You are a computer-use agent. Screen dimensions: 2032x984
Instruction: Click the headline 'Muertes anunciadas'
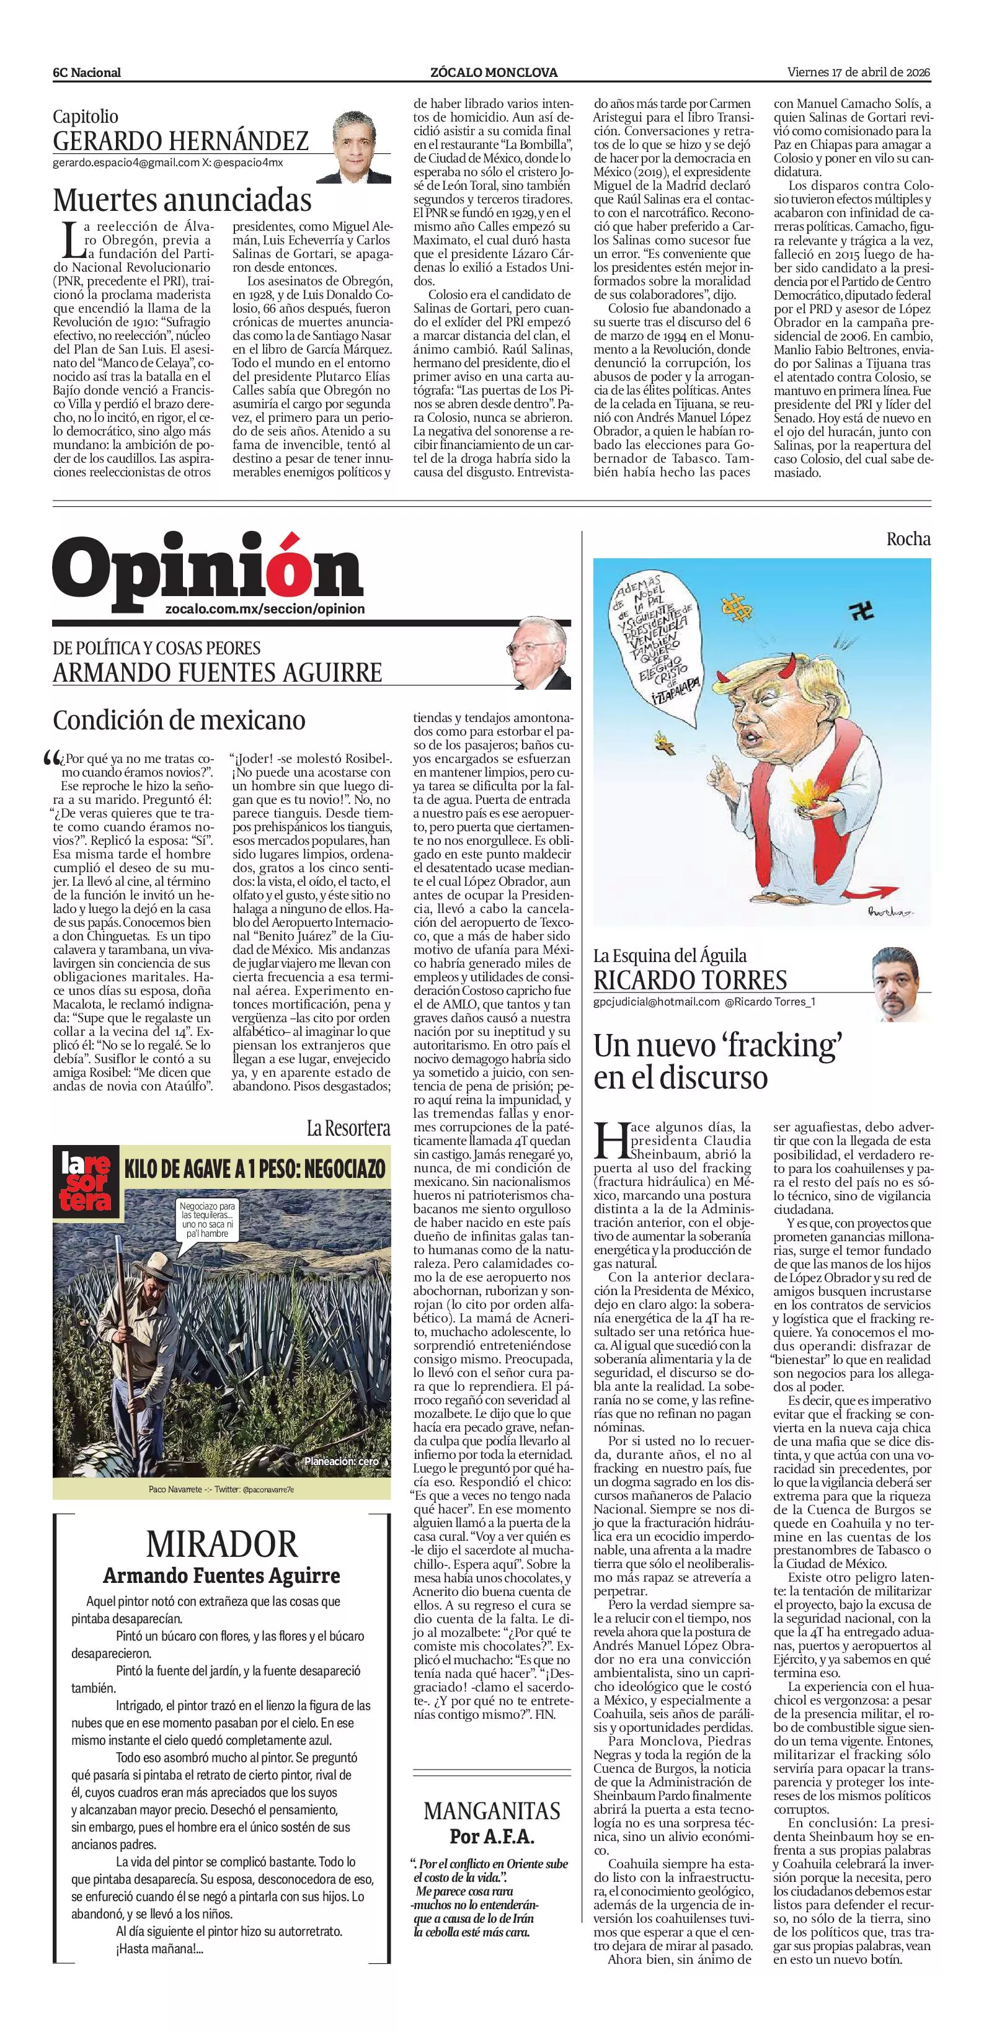pyautogui.click(x=182, y=200)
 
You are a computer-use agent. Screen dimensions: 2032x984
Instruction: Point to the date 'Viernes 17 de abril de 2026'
pyautogui.click(x=859, y=72)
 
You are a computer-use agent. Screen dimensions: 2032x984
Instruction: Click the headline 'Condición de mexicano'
pyautogui.click(x=179, y=720)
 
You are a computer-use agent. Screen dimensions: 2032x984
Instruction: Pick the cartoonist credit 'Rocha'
pyautogui.click(x=908, y=540)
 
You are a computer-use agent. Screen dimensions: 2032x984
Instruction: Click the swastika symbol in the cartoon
pyautogui.click(x=862, y=612)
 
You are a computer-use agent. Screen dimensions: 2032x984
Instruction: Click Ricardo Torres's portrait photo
pyautogui.click(x=899, y=983)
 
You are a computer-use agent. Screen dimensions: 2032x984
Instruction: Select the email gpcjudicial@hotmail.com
pyautogui.click(x=656, y=1002)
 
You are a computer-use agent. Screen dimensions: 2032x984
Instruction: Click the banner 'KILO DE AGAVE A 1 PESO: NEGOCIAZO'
pyautogui.click(x=255, y=1168)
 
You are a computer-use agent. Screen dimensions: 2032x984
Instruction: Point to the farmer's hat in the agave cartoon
pyautogui.click(x=143, y=1260)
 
